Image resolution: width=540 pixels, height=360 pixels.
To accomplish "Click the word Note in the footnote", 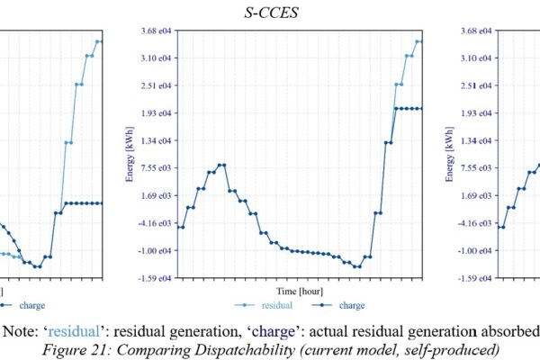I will tap(26, 329).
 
